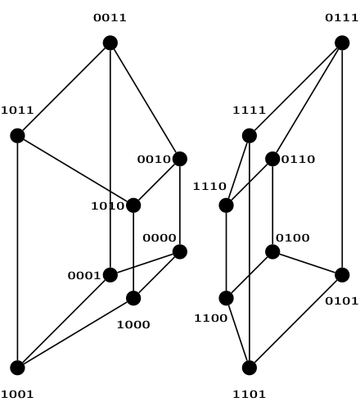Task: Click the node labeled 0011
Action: (110, 43)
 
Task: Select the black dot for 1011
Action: (17, 136)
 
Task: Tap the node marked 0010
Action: (180, 159)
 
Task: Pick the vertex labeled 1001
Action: (17, 368)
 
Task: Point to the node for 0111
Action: (342, 43)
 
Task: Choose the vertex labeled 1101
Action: (250, 368)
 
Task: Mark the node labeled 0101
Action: (342, 275)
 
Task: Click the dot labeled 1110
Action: (227, 205)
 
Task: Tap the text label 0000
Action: (160, 237)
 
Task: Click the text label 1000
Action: (133, 324)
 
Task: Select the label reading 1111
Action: (250, 110)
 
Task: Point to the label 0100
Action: (293, 237)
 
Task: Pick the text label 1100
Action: (211, 318)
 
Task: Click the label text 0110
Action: (298, 159)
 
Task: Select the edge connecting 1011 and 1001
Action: (17, 251)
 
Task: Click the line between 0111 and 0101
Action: (342, 159)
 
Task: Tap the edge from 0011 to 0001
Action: (110, 159)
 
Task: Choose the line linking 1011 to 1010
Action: (75, 170)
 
